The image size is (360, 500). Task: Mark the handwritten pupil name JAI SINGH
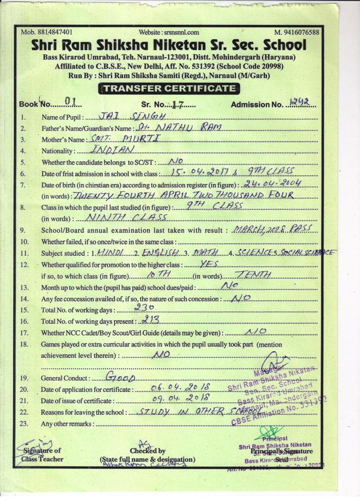tap(133, 116)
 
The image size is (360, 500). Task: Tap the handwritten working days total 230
tap(144, 308)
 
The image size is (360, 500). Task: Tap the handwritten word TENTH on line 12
tap(252, 275)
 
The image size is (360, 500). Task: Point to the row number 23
tap(24, 423)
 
